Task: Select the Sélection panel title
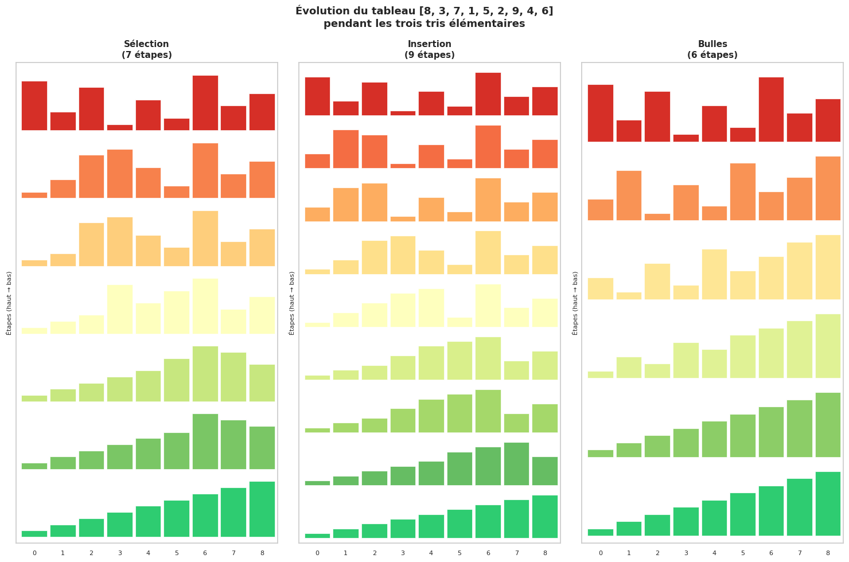click(x=146, y=44)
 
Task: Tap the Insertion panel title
click(x=429, y=44)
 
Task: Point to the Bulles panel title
click(x=712, y=44)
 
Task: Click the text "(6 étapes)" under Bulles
click(x=712, y=55)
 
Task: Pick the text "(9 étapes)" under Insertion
click(x=429, y=55)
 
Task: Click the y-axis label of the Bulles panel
click(x=575, y=303)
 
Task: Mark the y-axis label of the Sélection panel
click(x=9, y=303)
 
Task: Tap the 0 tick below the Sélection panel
click(x=34, y=553)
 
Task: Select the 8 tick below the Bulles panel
click(x=828, y=553)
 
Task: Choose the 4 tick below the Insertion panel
click(x=431, y=553)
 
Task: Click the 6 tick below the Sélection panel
click(x=205, y=553)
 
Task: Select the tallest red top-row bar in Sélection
click(x=205, y=103)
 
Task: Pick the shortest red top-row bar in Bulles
click(x=686, y=138)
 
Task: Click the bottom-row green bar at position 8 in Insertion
click(x=544, y=517)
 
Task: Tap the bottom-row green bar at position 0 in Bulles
click(x=601, y=533)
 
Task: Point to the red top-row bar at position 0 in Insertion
click(x=317, y=96)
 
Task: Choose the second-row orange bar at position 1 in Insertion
click(x=345, y=149)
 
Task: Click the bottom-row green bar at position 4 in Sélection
click(x=148, y=522)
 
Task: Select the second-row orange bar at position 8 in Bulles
click(x=828, y=188)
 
